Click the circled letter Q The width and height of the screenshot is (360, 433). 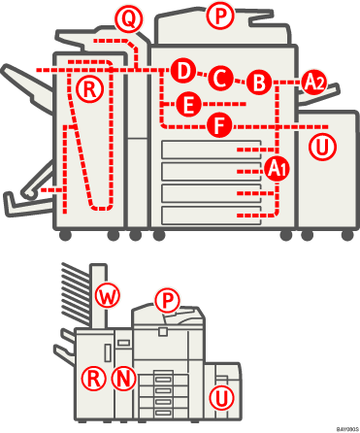(x=127, y=17)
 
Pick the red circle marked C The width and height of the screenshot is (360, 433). (x=221, y=77)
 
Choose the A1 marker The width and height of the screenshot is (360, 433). (x=278, y=167)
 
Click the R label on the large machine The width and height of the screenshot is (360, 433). (x=89, y=89)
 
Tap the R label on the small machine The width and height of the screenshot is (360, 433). (x=93, y=377)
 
